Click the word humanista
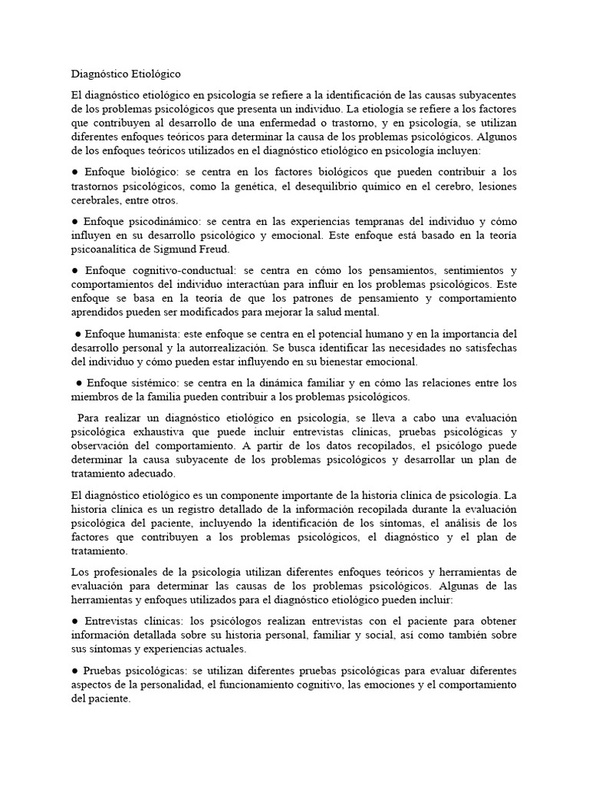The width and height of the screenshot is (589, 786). pos(153,334)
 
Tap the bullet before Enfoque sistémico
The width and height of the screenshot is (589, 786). pos(79,383)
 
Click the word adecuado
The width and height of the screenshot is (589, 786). pos(146,474)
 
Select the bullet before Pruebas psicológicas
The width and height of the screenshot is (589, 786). pos(74,670)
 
